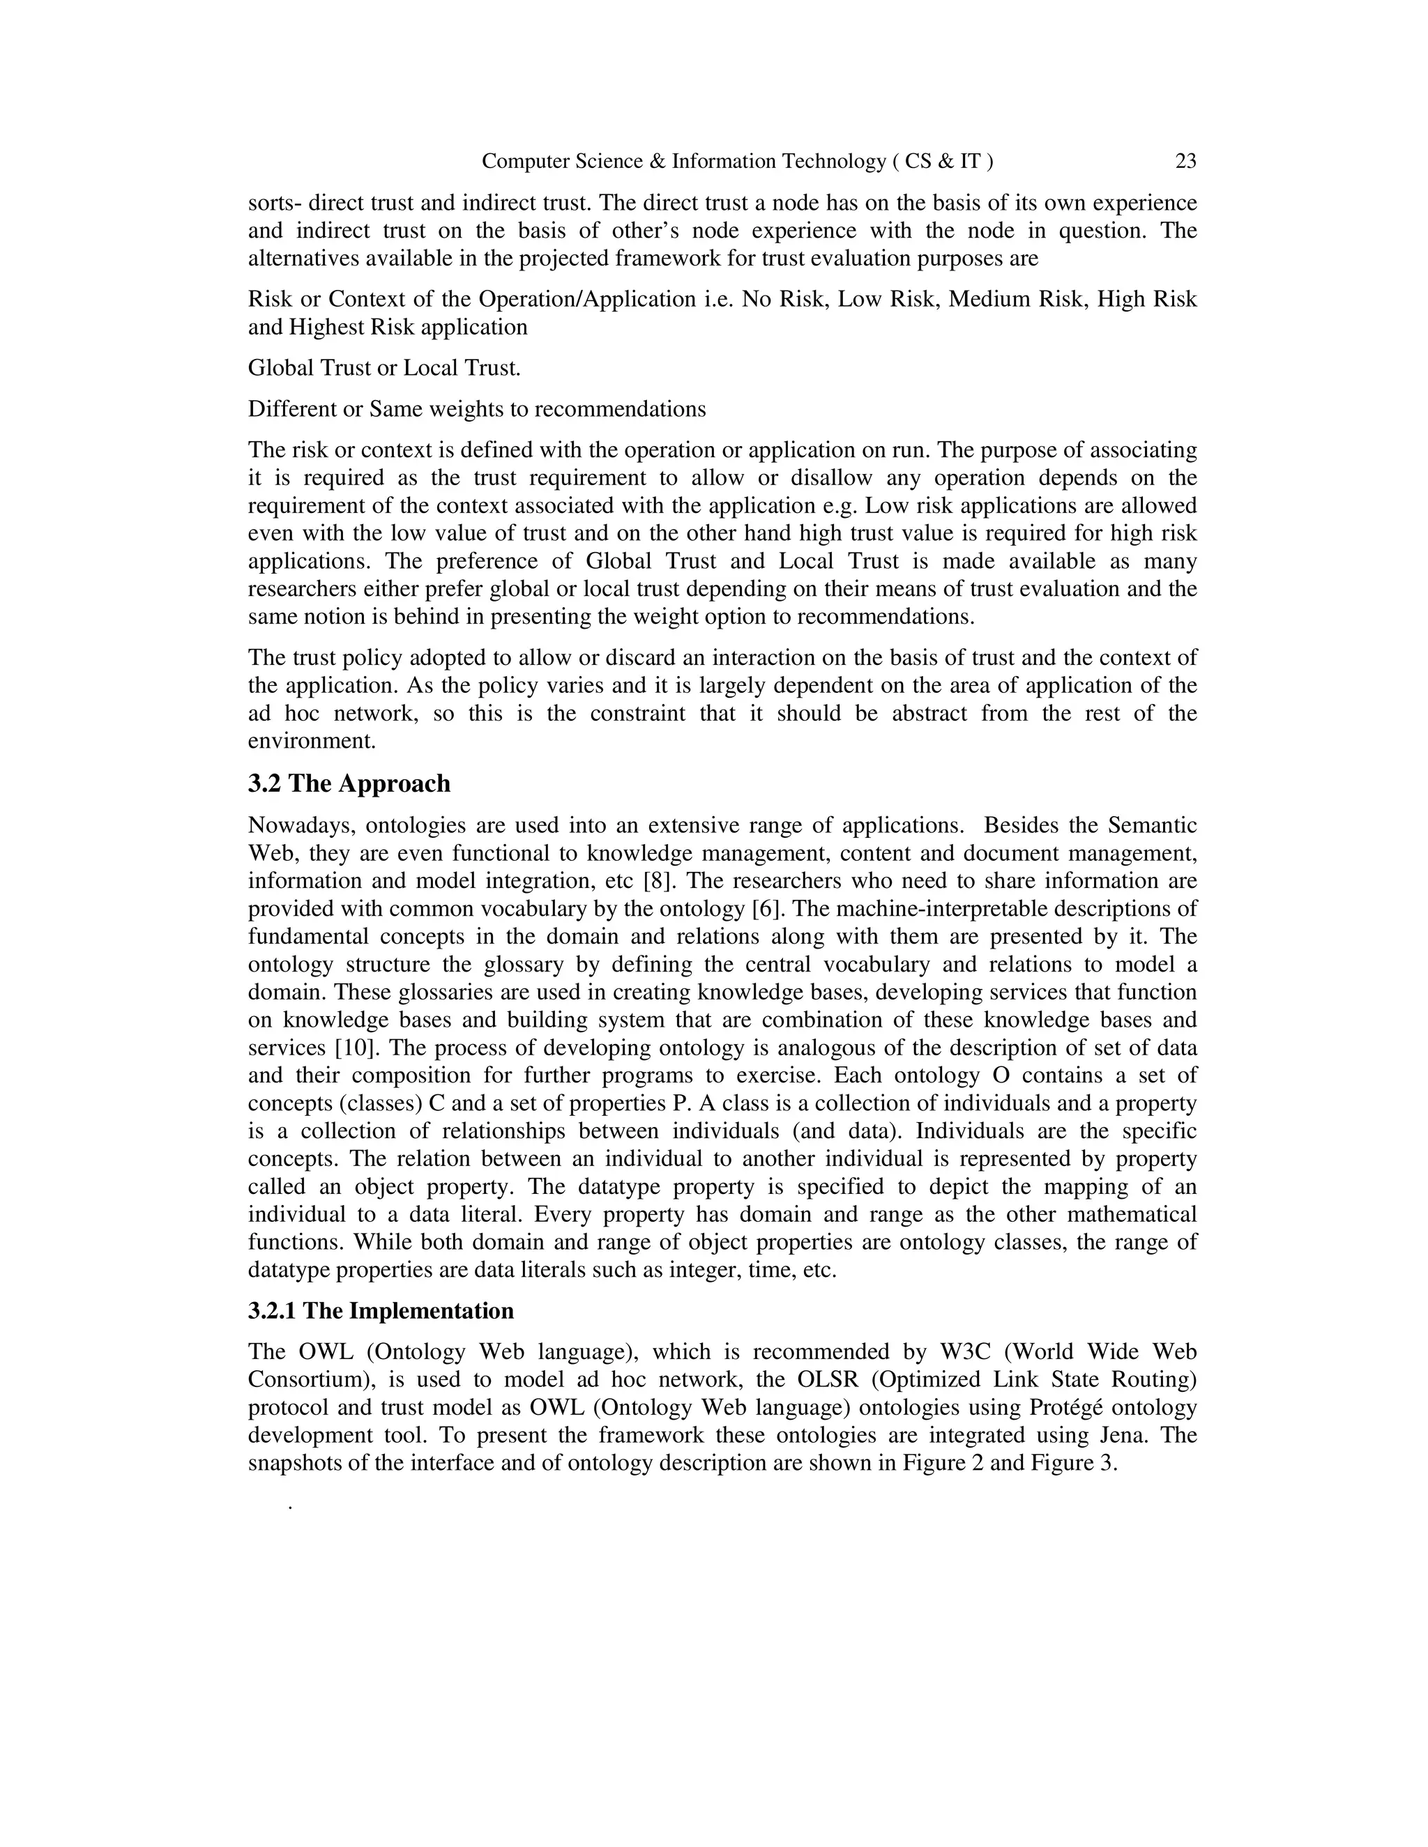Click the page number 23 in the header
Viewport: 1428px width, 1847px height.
coord(1185,161)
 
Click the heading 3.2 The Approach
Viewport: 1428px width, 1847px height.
coord(349,784)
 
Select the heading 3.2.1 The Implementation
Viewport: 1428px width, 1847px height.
coord(381,1311)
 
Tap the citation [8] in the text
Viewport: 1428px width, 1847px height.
coord(658,880)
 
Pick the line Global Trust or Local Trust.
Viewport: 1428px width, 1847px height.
coord(384,368)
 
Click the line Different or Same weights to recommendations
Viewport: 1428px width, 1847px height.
coord(476,409)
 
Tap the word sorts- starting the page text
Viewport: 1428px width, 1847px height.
coord(274,203)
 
